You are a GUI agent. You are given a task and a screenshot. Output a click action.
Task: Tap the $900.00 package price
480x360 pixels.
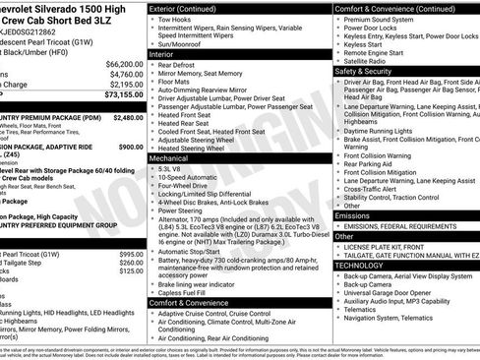pos(131,147)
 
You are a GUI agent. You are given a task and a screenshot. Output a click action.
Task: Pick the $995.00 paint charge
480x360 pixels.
pos(131,255)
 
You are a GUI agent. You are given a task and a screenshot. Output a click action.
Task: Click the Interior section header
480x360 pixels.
pos(168,83)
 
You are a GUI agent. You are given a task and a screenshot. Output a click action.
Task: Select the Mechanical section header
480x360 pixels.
pos(174,157)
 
